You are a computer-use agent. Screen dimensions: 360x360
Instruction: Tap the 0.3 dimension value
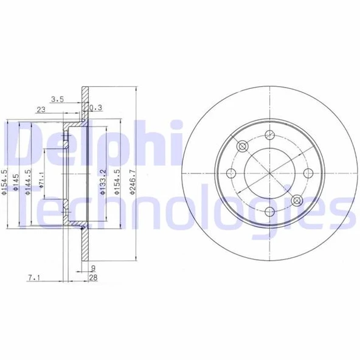pos(95,109)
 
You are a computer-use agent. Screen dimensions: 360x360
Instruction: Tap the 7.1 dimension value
pos(33,279)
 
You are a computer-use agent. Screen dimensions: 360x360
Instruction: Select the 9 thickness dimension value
pos(94,268)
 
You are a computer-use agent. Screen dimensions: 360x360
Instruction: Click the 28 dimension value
pos(94,279)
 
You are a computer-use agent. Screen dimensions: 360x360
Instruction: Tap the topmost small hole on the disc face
pos(269,134)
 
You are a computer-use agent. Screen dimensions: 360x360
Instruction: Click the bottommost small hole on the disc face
pos(269,211)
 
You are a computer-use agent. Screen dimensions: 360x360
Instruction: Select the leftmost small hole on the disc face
pos(231,173)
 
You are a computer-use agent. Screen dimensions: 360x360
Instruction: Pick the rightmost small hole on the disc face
pos(308,173)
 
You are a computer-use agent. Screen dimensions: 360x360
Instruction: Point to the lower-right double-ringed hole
pos(296,200)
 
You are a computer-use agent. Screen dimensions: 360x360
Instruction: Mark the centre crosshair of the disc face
pos(269,173)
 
